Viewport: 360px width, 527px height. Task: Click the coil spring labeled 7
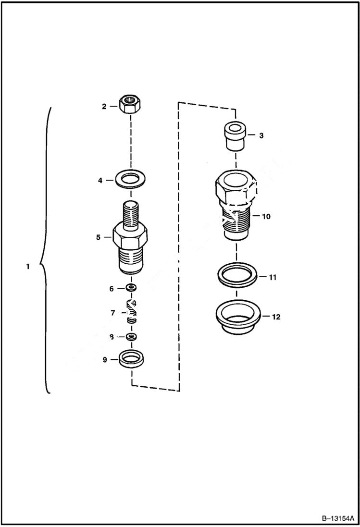pos(131,312)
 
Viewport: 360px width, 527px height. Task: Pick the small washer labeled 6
pos(131,288)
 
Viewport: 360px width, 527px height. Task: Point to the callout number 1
pos(28,266)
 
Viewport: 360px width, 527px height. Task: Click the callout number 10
pos(266,216)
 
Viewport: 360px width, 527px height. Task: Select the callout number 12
pos(276,317)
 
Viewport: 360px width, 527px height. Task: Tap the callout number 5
pos(98,237)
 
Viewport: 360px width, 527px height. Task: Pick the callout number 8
pos(111,337)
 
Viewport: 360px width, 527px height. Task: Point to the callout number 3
pos(261,136)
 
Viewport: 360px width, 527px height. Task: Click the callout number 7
pos(112,313)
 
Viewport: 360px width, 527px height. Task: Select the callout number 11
pos(273,277)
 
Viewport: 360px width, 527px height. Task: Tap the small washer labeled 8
pos(131,336)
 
